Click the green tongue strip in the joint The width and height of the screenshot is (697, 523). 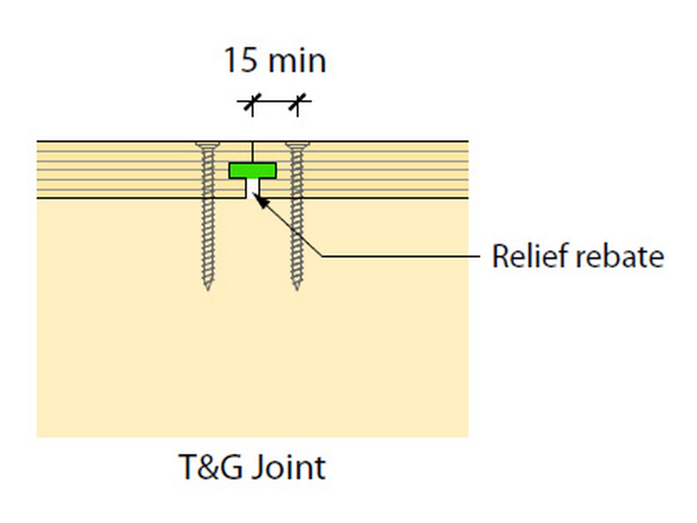[252, 170]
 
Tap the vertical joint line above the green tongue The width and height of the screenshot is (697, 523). [252, 152]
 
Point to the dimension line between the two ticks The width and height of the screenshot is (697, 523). [274, 102]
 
